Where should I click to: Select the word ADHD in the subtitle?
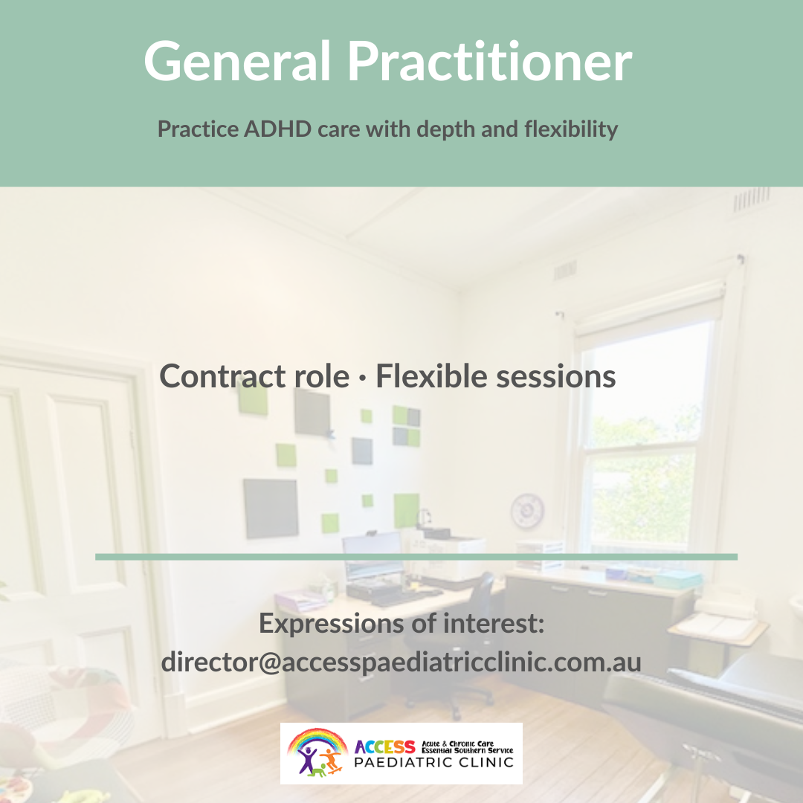277,129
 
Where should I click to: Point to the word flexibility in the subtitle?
571,129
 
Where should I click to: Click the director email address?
401,662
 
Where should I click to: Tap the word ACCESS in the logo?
384,747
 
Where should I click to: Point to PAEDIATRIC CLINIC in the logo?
433,763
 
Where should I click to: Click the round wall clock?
527,510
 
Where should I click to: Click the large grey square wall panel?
271,508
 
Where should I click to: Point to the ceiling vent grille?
751,199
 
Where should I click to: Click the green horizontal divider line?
416,557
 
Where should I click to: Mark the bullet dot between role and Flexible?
363,379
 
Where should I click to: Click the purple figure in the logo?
307,760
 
